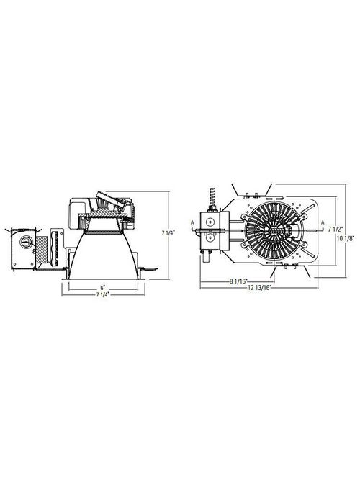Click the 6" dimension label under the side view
point(103,288)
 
